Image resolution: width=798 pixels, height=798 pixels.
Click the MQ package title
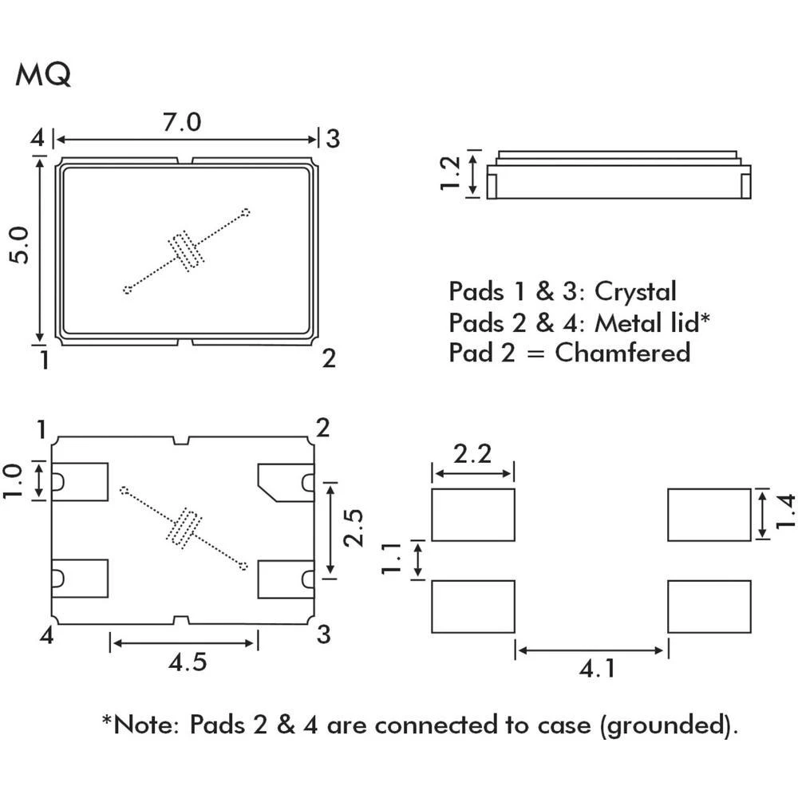(43, 74)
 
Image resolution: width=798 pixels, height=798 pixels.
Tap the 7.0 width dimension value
(182, 123)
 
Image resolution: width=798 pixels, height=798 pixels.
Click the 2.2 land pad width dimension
(472, 455)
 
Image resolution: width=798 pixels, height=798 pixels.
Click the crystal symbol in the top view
(187, 251)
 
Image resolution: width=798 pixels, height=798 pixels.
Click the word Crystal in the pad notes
(635, 291)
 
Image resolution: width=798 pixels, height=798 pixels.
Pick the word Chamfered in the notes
(622, 352)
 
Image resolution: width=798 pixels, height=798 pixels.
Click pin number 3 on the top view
(333, 139)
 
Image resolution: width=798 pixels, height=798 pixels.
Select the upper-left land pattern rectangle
(472, 515)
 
